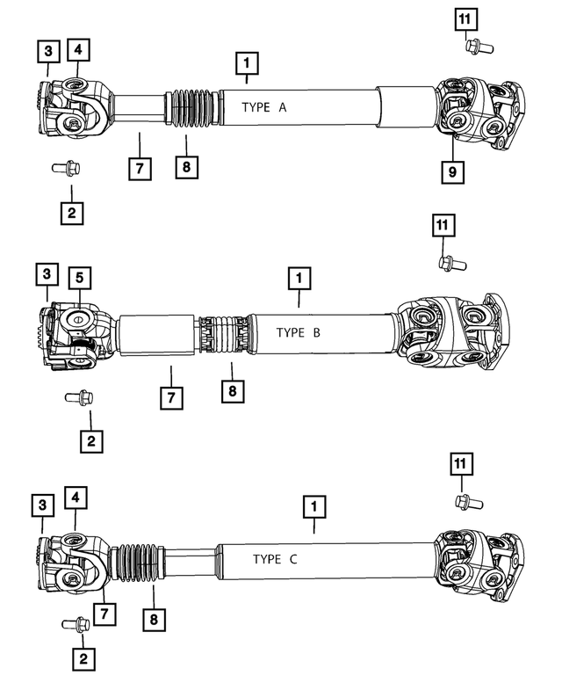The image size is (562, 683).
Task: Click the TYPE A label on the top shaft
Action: (x=264, y=107)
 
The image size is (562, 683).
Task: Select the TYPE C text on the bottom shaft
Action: (x=275, y=559)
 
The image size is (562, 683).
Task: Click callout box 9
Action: (x=452, y=172)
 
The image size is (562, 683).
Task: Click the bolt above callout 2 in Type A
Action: (x=66, y=168)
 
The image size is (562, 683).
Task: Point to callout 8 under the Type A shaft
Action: (x=186, y=165)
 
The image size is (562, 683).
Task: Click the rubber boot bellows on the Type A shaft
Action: (x=190, y=107)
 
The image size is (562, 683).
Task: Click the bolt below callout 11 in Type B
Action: (x=451, y=261)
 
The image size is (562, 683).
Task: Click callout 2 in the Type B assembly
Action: (x=90, y=440)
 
